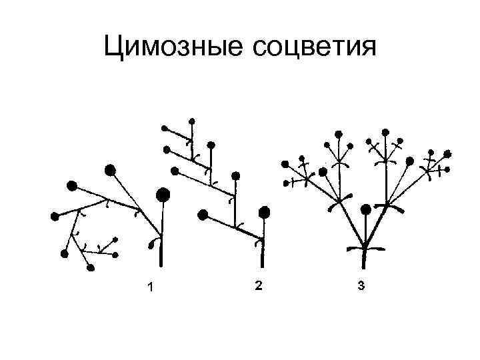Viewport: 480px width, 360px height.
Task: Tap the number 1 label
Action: coord(151,287)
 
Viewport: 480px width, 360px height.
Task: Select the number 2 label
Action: coord(258,286)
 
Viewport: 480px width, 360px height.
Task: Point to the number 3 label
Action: coord(361,287)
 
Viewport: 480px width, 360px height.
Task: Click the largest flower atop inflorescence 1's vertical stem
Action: coord(163,195)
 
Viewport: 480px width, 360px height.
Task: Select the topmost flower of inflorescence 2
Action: coord(193,121)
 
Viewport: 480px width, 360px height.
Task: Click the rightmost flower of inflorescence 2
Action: coord(265,213)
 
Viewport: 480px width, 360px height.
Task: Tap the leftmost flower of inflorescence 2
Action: coord(164,127)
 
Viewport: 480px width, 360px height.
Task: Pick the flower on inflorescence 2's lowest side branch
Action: coord(203,214)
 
